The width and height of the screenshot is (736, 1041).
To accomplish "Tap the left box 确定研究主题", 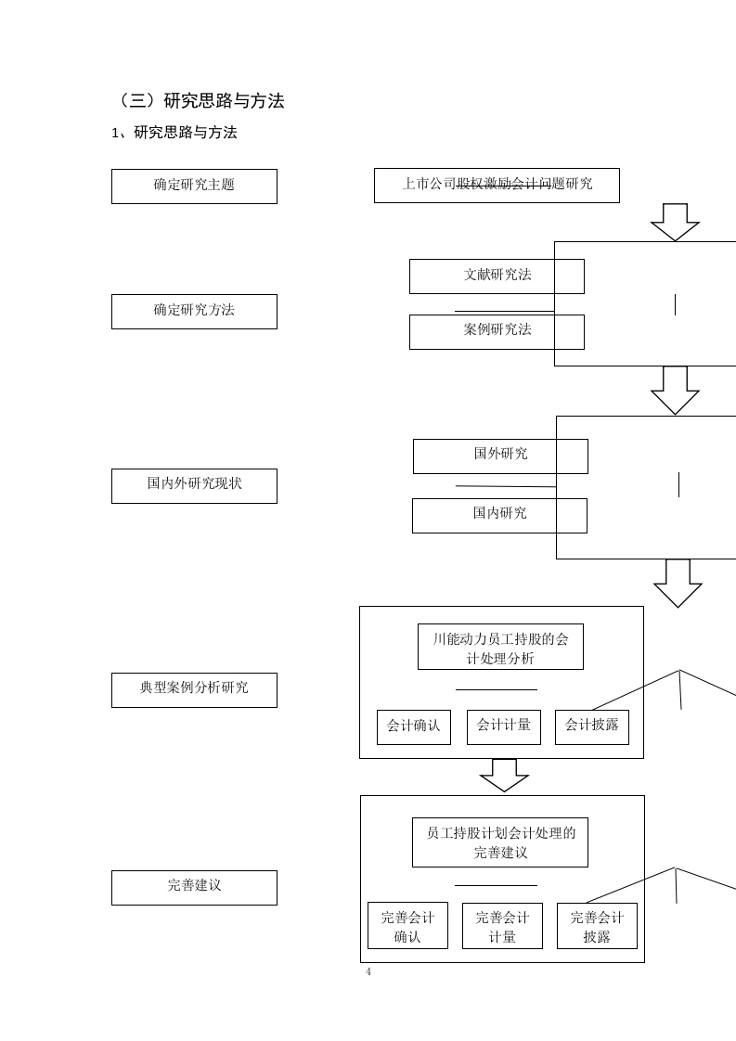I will pyautogui.click(x=194, y=186).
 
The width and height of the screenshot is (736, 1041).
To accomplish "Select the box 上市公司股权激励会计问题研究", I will pyautogui.click(x=497, y=185).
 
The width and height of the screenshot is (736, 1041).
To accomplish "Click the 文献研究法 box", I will pyautogui.click(x=497, y=276).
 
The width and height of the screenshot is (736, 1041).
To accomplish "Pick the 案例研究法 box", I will pyautogui.click(x=497, y=331).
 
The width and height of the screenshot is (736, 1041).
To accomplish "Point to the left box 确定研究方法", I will pyautogui.click(x=194, y=311).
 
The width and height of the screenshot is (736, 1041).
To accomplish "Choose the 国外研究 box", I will pyautogui.click(x=500, y=456).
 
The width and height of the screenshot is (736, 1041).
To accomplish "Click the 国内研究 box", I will pyautogui.click(x=499, y=515).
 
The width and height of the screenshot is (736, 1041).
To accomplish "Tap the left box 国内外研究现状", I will pyautogui.click(x=194, y=485).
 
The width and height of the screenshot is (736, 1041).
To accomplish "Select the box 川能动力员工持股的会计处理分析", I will pyautogui.click(x=500, y=647).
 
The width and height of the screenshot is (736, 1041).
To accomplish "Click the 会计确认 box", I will pyautogui.click(x=413, y=726).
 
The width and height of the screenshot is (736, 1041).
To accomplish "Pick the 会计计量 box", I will pyautogui.click(x=503, y=726).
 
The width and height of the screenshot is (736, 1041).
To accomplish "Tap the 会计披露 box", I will pyautogui.click(x=591, y=726).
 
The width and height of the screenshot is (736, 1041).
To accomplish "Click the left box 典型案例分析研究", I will pyautogui.click(x=194, y=689).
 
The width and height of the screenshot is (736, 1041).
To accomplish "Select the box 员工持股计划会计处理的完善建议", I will pyautogui.click(x=500, y=842).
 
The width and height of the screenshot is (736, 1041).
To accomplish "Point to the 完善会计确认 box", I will pyautogui.click(x=407, y=926).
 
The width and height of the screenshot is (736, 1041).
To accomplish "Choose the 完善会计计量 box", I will pyautogui.click(x=502, y=926).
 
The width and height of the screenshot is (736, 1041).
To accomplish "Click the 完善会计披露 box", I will pyautogui.click(x=597, y=926).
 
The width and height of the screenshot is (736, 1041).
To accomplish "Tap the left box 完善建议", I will pyautogui.click(x=194, y=887).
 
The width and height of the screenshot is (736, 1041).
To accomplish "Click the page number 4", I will pyautogui.click(x=368, y=971).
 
